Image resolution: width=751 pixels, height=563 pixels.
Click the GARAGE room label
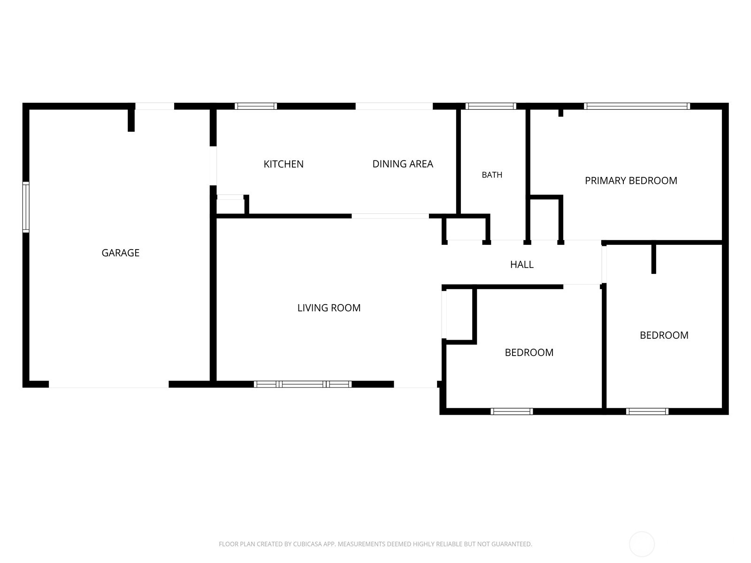[121, 252]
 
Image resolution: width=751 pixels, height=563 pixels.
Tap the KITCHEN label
[284, 164]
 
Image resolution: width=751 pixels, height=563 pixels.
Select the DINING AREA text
[403, 164]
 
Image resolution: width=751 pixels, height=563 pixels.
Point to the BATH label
[492, 175]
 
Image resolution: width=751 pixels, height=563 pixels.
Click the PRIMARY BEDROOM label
[631, 181]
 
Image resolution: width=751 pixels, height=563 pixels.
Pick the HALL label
[522, 264]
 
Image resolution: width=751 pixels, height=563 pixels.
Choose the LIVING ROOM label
[329, 308]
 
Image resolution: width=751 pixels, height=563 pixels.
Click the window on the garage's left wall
[26, 207]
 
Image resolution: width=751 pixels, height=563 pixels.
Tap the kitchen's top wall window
[256, 106]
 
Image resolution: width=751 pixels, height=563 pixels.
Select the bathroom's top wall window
[490, 106]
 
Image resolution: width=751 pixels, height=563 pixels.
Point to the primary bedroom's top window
[637, 106]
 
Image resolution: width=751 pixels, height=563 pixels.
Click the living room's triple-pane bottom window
[302, 384]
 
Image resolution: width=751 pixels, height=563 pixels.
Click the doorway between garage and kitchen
[213, 166]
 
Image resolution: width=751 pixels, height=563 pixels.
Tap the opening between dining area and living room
[390, 216]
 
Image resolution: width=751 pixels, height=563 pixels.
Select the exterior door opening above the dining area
[394, 106]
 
